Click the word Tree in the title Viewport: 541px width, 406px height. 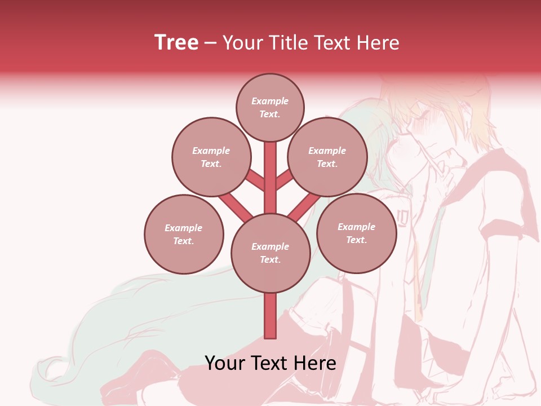pos(176,42)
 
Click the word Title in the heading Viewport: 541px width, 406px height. pos(289,43)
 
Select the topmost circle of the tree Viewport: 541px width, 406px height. pos(270,107)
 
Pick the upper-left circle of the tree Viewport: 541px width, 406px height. pos(211,157)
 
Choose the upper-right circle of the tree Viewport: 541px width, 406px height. pos(327,157)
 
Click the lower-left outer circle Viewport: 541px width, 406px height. pos(184,234)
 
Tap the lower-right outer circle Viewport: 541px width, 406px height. pos(356,233)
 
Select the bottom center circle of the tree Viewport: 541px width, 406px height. pos(270,253)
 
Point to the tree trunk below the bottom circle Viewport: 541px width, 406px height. pos(270,316)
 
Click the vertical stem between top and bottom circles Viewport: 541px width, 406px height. pos(270,178)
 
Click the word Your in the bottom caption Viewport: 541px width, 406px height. pos(225,363)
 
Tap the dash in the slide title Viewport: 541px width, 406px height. pos(210,43)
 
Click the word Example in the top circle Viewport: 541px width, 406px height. pos(270,101)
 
